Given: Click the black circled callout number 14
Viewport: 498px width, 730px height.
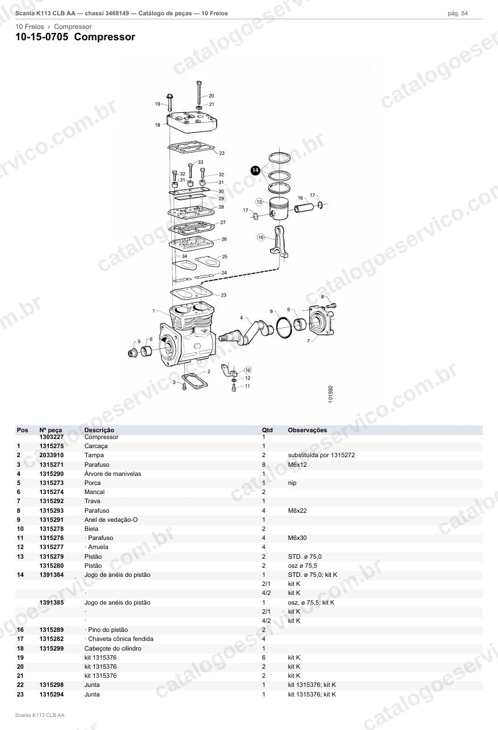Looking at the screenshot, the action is click(x=255, y=170).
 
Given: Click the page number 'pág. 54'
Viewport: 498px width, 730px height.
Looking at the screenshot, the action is click(x=458, y=14).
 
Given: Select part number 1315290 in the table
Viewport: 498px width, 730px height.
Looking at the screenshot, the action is click(x=52, y=474).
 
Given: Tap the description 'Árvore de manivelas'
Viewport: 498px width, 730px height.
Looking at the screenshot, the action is click(x=113, y=474).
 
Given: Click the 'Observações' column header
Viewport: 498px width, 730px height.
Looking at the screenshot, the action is click(x=307, y=430).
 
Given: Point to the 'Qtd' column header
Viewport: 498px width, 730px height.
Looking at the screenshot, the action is click(x=267, y=430).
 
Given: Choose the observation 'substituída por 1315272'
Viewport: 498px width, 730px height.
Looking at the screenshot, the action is click(x=322, y=455).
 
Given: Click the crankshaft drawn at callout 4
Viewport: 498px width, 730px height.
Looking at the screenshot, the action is click(x=247, y=332).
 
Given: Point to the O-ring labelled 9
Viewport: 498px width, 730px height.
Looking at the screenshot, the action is click(x=284, y=328).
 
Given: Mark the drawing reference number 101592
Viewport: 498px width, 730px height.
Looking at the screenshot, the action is click(x=331, y=394).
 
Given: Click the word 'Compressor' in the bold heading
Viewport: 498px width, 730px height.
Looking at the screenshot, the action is click(x=104, y=37).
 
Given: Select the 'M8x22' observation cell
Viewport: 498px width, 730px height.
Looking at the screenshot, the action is click(x=297, y=510).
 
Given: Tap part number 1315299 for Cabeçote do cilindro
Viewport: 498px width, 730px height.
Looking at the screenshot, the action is click(x=52, y=648).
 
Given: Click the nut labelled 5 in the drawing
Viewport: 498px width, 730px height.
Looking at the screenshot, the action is click(x=133, y=352).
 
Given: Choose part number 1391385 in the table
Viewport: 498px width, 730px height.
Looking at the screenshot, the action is click(x=52, y=602).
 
